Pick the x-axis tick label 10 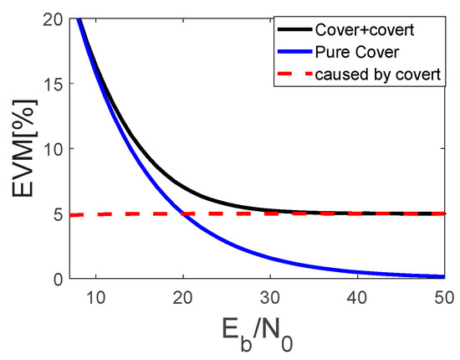[x=96, y=296]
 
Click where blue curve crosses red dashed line [x=183, y=213]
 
